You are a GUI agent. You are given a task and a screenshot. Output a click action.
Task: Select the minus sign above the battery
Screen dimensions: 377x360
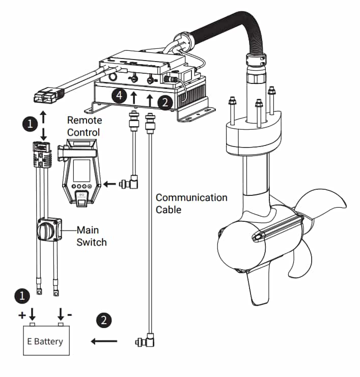point(69,314)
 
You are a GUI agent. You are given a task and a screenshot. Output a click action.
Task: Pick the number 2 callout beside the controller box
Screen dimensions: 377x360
point(164,101)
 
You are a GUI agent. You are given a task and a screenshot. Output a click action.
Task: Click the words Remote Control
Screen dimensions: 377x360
point(85,126)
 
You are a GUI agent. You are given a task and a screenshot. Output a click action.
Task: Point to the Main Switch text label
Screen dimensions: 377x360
point(92,236)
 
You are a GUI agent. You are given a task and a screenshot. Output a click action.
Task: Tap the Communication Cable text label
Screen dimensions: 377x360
point(191,202)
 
